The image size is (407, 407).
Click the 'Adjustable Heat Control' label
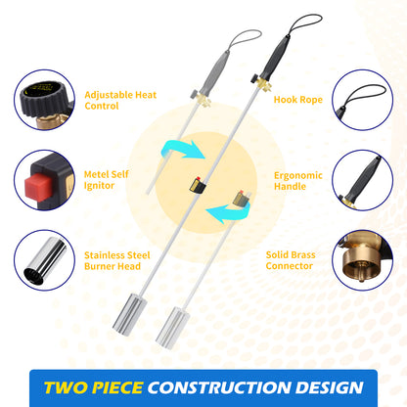click(120, 100)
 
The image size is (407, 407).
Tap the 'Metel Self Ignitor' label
click(107, 180)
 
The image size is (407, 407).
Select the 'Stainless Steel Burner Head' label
click(117, 260)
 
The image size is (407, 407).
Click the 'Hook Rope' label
click(298, 100)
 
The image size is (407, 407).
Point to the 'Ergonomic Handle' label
click(298, 181)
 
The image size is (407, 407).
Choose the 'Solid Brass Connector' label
click(291, 260)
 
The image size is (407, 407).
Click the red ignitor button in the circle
click(36, 184)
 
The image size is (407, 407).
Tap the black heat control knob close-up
click(43, 98)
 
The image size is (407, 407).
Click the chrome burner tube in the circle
click(45, 260)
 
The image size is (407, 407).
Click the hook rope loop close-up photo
click(362, 97)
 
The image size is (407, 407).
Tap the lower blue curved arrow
click(229, 211)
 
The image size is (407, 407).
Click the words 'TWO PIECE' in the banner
click(93, 387)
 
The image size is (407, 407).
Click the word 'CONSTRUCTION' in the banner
click(219, 387)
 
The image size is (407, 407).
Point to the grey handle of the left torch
click(214, 72)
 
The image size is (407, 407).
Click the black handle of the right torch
click(275, 58)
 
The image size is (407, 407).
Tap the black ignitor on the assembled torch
click(199, 186)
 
